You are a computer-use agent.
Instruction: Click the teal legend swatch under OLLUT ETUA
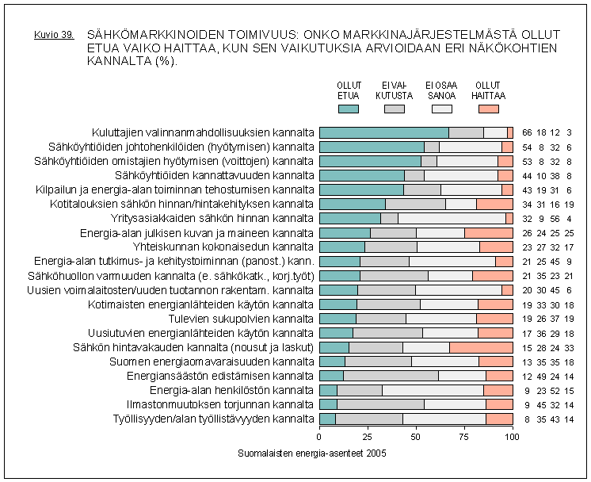tap(349, 109)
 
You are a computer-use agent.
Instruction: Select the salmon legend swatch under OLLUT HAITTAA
tap(488, 109)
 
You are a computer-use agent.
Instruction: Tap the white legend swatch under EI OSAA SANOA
tap(441, 109)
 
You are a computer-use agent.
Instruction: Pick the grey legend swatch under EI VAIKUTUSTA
tap(395, 109)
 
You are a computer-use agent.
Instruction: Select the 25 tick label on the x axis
tap(368, 436)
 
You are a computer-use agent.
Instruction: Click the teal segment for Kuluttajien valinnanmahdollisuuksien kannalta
tap(383, 132)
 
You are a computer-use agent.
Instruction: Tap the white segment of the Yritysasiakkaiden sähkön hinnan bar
tap(452, 218)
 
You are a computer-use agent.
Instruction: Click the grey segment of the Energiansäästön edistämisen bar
tap(391, 376)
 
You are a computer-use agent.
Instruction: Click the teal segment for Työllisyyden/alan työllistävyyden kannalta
tap(327, 419)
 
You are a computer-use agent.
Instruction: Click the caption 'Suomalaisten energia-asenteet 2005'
tap(308, 453)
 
